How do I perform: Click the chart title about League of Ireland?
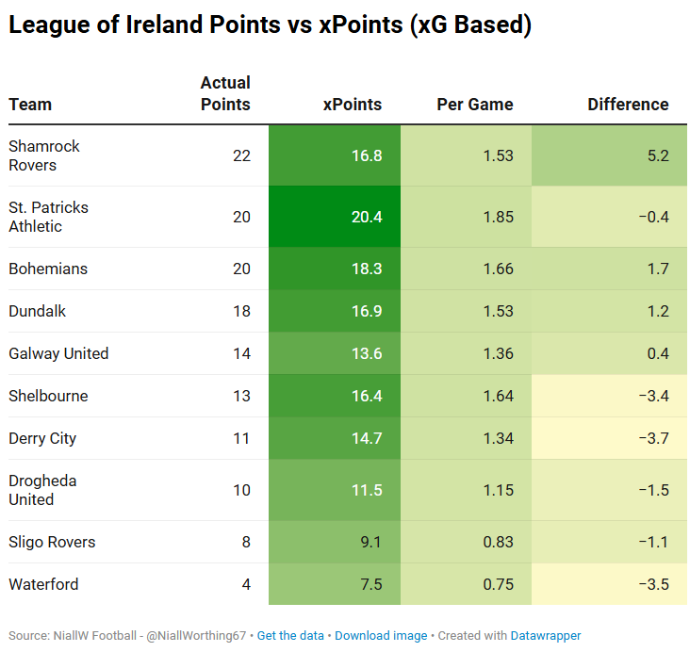pos(270,26)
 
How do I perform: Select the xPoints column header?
pos(352,105)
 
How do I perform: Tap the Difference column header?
pos(628,105)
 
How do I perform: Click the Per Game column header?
pos(475,105)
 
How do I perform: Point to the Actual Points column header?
pos(225,94)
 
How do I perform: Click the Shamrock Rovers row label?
pos(44,155)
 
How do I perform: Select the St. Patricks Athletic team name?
pos(48,217)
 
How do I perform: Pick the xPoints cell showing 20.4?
pos(367,217)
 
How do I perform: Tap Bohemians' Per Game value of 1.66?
pos(498,269)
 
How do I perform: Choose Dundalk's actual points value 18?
pos(241,311)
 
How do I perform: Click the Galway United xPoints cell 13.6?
pos(367,353)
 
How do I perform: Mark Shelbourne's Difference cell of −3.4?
pos(652,396)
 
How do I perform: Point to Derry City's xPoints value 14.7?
pos(367,438)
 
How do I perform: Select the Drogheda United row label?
pos(42,490)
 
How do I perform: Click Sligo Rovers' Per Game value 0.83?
pos(498,542)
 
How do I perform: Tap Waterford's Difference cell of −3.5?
pos(652,584)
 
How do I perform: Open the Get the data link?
pos(292,636)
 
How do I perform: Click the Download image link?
pos(381,636)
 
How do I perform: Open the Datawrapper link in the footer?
pos(546,636)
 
